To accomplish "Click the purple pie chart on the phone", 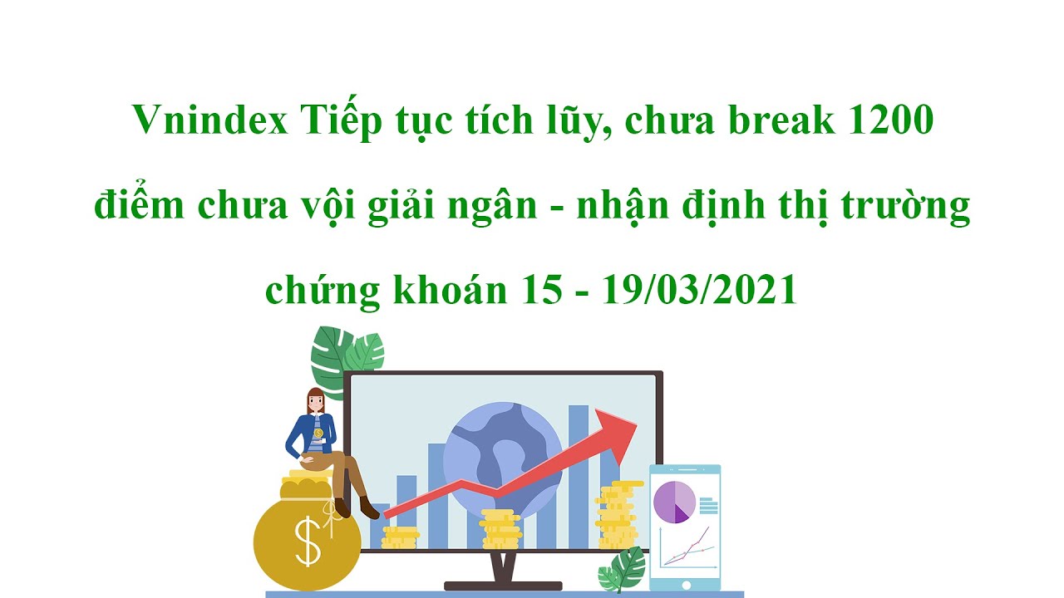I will [x=674, y=501].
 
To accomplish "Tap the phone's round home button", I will [x=686, y=585].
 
